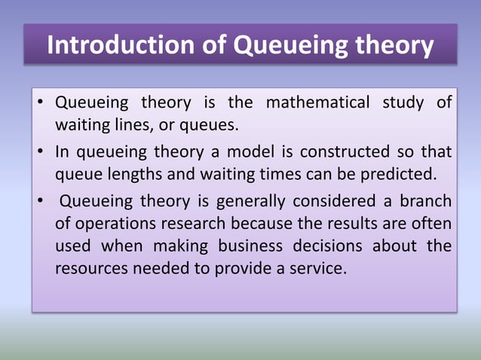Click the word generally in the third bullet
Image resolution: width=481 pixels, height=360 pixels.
tap(252, 201)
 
